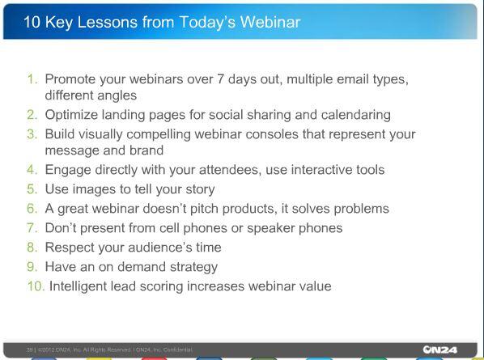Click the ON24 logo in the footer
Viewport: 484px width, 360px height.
439,349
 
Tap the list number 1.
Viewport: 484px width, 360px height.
32,79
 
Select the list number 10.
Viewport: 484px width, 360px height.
35,286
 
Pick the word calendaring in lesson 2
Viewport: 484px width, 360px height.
355,115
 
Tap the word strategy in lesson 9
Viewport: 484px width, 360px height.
191,267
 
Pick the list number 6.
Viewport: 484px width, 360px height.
32,209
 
